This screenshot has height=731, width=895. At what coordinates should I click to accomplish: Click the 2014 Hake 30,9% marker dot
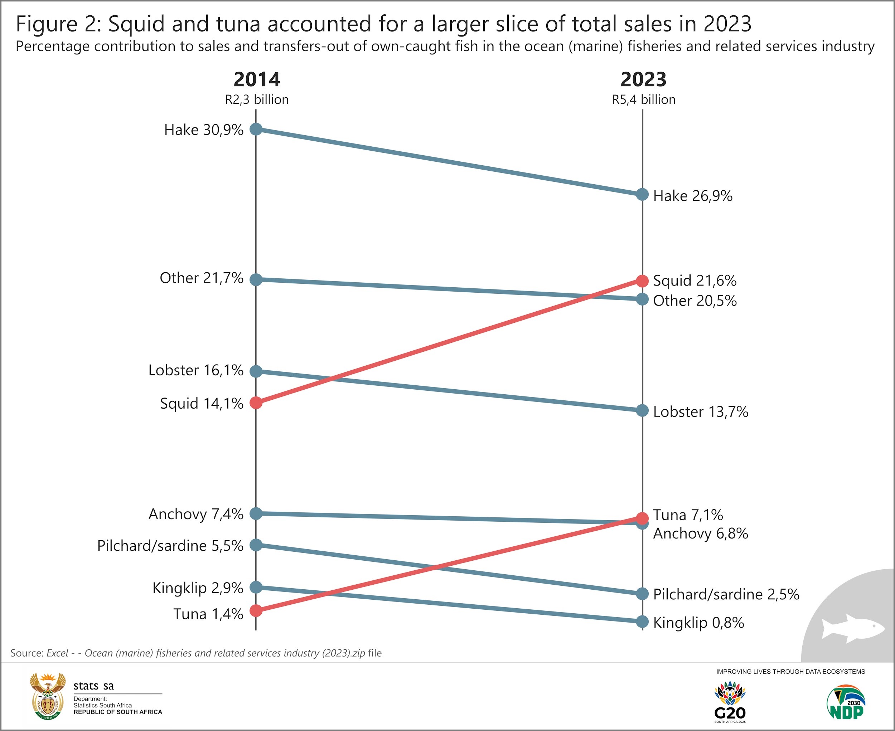pyautogui.click(x=256, y=129)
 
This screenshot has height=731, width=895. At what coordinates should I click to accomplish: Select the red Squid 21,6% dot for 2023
pyautogui.click(x=642, y=281)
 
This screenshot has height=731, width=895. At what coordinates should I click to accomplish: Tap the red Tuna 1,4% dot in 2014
pyautogui.click(x=256, y=610)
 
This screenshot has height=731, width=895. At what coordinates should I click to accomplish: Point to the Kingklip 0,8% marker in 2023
pyautogui.click(x=642, y=622)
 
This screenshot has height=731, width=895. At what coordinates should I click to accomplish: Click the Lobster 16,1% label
pyautogui.click(x=195, y=370)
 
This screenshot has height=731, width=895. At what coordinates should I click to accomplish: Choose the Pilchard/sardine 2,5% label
pyautogui.click(x=726, y=594)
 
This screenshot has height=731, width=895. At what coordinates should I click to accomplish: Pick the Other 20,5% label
pyautogui.click(x=695, y=301)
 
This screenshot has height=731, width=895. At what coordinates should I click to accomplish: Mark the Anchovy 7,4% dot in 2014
pyautogui.click(x=256, y=514)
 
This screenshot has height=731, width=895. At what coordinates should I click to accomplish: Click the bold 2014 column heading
pyautogui.click(x=257, y=79)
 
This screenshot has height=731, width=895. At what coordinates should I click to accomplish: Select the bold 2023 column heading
pyautogui.click(x=643, y=79)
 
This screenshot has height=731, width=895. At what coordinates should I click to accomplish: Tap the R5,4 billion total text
pyautogui.click(x=643, y=100)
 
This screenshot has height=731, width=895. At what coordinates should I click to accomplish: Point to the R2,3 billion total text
pyautogui.click(x=257, y=100)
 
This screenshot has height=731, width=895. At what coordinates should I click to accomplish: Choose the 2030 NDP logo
pyautogui.click(x=845, y=703)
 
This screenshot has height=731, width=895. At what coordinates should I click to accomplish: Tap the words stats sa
pyautogui.click(x=93, y=686)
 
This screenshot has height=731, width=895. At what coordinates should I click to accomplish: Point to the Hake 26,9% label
pyautogui.click(x=692, y=196)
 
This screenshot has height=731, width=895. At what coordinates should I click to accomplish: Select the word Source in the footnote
pyautogui.click(x=26, y=653)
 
